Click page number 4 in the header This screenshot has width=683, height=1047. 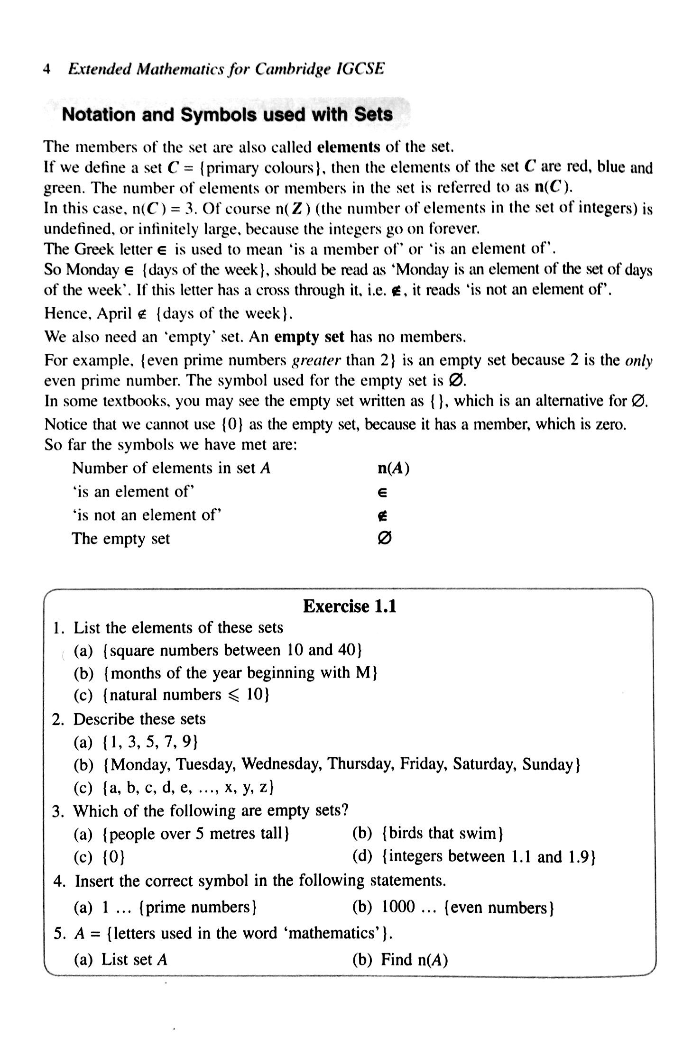point(46,69)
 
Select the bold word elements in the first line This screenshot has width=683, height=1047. point(348,147)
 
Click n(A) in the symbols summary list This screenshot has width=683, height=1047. point(393,468)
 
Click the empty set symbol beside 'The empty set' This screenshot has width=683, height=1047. point(385,538)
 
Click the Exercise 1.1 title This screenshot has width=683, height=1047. point(349,606)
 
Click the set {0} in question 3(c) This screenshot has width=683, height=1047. point(113,857)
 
